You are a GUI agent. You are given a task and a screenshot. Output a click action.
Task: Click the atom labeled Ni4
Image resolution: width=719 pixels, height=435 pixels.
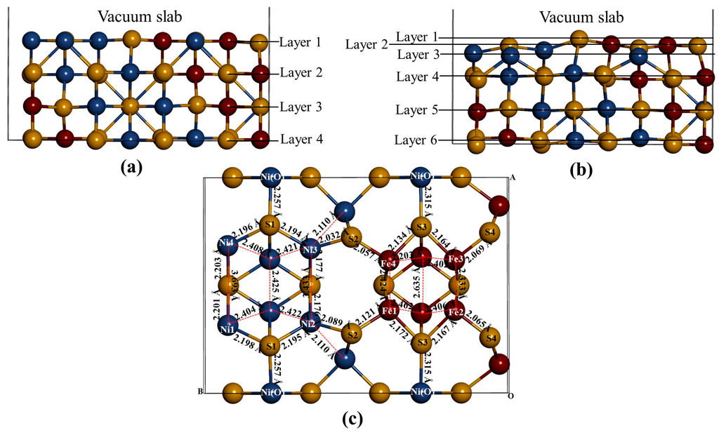[x=226, y=246]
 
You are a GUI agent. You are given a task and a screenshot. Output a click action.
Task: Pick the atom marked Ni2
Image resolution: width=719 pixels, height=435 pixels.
[x=308, y=323]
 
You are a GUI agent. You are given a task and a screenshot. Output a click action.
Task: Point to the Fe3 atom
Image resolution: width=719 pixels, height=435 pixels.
[x=456, y=258]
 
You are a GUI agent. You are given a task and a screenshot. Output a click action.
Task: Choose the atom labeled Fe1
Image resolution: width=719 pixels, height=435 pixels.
[x=388, y=309]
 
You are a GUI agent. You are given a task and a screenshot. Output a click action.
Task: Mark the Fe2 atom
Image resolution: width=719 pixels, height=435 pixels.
[x=456, y=312]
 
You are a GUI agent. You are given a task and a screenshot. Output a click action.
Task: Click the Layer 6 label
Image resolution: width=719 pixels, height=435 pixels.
[x=415, y=140]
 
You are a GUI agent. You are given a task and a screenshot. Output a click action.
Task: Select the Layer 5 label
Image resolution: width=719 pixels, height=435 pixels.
[x=415, y=110]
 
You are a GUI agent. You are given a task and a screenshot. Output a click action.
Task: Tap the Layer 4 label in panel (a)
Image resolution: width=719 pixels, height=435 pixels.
[x=301, y=140]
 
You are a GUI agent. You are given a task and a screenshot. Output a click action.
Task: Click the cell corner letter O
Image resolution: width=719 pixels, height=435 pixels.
[x=510, y=396]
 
